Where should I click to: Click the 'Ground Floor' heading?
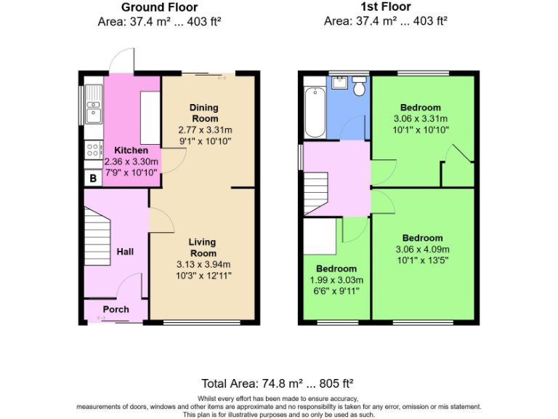(159, 7)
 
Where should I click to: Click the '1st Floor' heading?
(385, 7)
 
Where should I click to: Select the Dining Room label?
(204, 113)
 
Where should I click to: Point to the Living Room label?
(203, 247)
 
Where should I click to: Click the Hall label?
(125, 252)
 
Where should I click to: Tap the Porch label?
(116, 309)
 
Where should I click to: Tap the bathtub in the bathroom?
(315, 111)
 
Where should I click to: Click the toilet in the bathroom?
(357, 88)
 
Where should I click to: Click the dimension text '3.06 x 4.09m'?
(422, 250)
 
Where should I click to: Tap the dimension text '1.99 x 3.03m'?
(336, 280)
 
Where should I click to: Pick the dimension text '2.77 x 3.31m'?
(204, 130)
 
